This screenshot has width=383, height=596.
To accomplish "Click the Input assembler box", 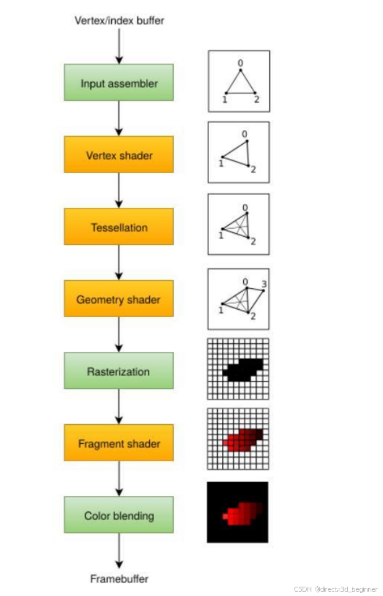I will (x=118, y=83).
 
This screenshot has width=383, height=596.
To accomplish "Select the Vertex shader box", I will (x=118, y=155).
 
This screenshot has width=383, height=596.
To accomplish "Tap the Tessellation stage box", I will (x=118, y=227).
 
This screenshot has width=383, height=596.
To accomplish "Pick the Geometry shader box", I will (x=118, y=299).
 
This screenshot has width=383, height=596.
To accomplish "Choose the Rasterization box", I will (x=118, y=372).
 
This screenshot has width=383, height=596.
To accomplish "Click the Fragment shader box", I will (x=118, y=443).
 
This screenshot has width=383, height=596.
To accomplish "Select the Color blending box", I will (x=118, y=515).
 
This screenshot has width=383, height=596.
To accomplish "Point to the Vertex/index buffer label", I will (x=119, y=21).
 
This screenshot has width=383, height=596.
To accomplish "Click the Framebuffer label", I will (x=119, y=579).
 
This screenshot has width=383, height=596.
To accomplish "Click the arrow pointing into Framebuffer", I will (x=119, y=550).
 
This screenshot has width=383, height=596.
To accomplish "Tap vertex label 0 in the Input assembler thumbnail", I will (x=241, y=63).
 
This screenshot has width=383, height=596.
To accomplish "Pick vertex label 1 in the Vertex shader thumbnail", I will (x=220, y=164).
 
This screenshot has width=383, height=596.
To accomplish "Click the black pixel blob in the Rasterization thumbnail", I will (x=243, y=370).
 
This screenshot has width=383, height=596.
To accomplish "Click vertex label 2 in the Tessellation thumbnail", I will (x=253, y=242).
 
